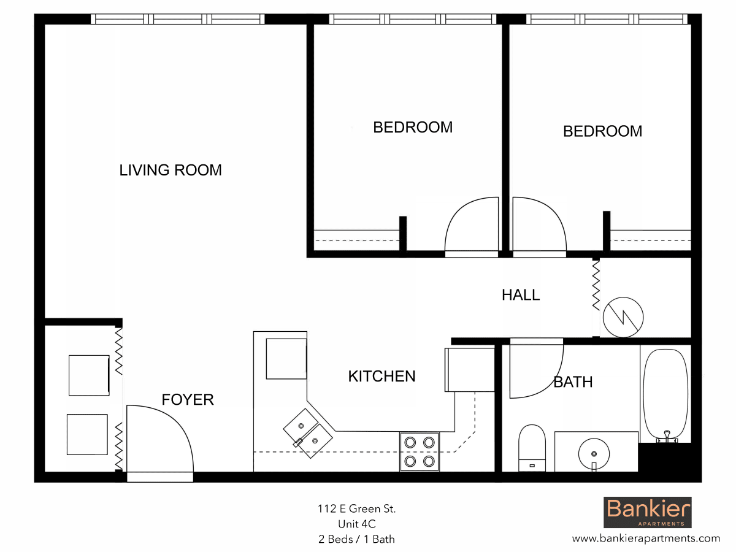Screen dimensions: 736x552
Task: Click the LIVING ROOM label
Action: pos(171,170)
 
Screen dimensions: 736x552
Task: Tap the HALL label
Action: pos(521,295)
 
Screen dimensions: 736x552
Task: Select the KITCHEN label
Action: pos(381,376)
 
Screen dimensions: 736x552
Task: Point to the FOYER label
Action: pos(188,399)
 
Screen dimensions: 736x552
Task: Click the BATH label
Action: pos(573,381)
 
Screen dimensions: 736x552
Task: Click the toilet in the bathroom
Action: pos(532,448)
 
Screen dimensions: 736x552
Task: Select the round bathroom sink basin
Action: pos(594,454)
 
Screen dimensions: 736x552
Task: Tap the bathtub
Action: pos(665,396)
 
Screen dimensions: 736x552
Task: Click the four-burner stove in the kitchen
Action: pos(419,452)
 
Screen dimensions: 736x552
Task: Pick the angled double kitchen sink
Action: pos(308,434)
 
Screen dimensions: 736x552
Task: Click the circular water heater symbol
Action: pos(623,317)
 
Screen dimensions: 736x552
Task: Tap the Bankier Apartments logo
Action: pos(648,513)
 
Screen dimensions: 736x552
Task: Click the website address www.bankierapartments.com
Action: pos(646,539)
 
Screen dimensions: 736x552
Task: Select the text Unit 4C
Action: pos(357,524)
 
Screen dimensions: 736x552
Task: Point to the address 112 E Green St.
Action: pos(357,509)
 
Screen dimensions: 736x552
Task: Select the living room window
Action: pos(178,19)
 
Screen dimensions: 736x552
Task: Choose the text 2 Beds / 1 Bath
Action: pos(356,539)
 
